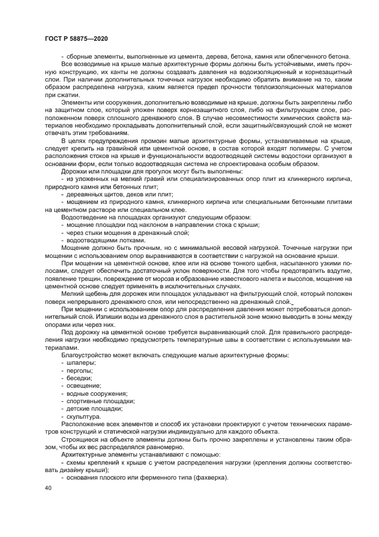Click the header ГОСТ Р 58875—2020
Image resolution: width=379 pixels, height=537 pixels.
pos(76,37)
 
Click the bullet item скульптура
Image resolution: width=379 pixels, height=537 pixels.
pos(84,416)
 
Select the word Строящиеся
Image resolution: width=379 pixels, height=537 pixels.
pos(80,439)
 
